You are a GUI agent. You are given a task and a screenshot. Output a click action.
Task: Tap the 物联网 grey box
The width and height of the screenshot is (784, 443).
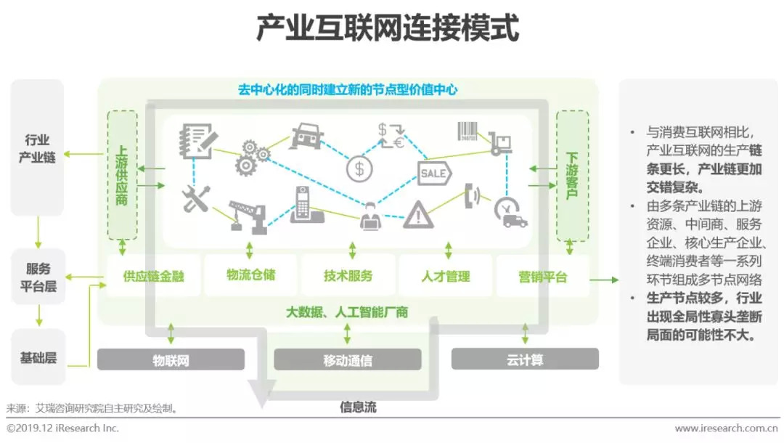pos(171,359)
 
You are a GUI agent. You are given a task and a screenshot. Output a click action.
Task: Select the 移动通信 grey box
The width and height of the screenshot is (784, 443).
pos(348,359)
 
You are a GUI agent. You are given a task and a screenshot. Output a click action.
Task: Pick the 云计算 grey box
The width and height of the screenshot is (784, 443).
pos(525,359)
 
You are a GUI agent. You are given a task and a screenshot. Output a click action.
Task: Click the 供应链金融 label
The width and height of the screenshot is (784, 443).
pos(153,277)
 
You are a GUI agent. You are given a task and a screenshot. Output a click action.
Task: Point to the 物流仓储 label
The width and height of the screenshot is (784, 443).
pos(250,275)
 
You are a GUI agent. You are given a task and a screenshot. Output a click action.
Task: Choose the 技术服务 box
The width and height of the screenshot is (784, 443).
pos(348,276)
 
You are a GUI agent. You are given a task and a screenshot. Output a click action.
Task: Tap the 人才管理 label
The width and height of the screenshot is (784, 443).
pos(446,277)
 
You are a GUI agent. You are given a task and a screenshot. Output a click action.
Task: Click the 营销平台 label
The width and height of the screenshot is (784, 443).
pos(543,277)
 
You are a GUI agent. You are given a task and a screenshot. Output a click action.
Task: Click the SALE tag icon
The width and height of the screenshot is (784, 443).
pos(434,174)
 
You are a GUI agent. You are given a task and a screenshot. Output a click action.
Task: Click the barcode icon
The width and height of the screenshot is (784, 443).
pos(468,131)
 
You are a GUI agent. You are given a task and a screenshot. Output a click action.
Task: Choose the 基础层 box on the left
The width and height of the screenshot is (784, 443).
pos(38,358)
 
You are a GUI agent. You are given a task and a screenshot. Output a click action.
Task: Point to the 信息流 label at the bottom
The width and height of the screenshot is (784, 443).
pos(359,407)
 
